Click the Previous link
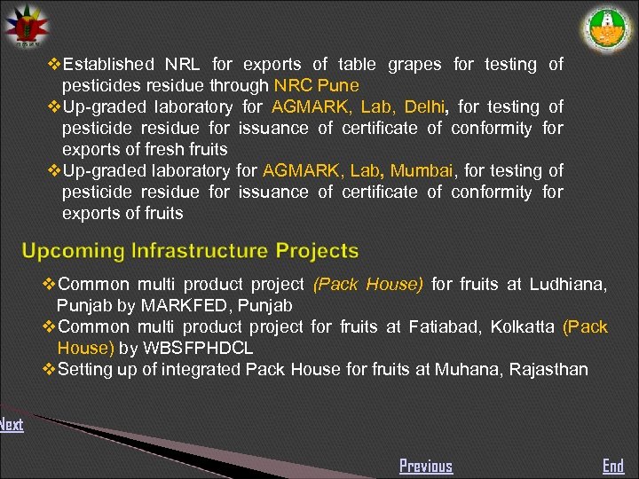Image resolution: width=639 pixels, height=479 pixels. [x=426, y=466]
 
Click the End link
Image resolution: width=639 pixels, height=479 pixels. [x=613, y=466]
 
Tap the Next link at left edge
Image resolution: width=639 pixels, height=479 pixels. [x=12, y=424]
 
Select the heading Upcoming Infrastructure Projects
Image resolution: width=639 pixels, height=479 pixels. [x=190, y=251]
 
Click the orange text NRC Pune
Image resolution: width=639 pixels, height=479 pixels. [x=317, y=85]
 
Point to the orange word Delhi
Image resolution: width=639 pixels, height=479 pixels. [x=425, y=106]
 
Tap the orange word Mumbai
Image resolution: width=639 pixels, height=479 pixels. [x=422, y=170]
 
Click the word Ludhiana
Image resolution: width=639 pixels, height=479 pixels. [x=568, y=284]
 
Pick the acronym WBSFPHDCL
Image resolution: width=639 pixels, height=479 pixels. [x=197, y=348]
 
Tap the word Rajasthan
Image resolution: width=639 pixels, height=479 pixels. [x=548, y=369]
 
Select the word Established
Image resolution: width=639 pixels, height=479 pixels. [x=108, y=64]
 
